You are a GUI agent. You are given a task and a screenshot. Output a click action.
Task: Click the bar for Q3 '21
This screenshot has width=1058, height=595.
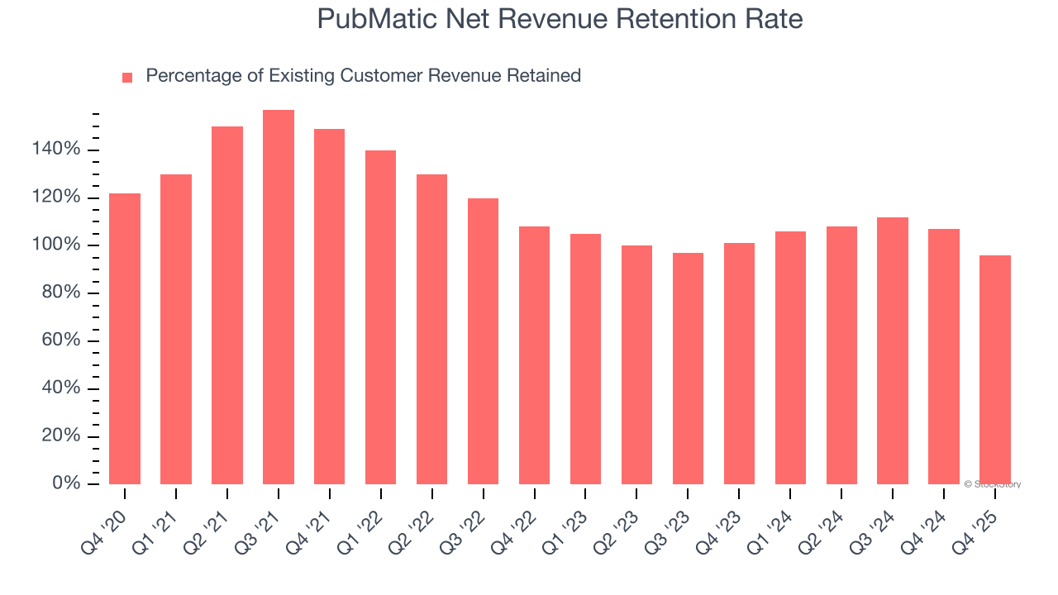(x=278, y=297)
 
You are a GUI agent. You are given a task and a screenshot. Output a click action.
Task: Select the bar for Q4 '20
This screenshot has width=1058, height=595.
(x=125, y=339)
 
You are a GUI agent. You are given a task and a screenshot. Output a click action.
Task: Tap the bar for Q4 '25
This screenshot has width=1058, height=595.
(x=994, y=370)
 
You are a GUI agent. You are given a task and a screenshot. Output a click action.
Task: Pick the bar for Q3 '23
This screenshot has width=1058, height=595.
(x=688, y=369)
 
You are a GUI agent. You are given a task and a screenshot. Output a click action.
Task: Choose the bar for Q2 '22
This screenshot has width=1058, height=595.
(x=431, y=329)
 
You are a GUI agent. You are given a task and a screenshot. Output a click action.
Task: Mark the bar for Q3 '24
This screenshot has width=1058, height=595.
(x=893, y=350)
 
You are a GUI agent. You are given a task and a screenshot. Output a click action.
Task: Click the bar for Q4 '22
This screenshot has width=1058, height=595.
(x=534, y=355)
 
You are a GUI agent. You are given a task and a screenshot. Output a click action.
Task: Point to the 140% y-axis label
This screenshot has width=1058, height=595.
(x=56, y=150)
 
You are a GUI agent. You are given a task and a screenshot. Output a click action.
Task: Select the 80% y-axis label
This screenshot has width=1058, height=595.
(x=61, y=293)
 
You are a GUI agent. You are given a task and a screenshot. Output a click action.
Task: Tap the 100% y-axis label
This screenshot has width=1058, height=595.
(x=56, y=245)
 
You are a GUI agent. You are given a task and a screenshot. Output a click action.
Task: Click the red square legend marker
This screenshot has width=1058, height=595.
(x=127, y=78)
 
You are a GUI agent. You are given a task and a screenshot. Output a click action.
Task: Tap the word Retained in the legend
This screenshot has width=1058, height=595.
(x=545, y=76)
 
